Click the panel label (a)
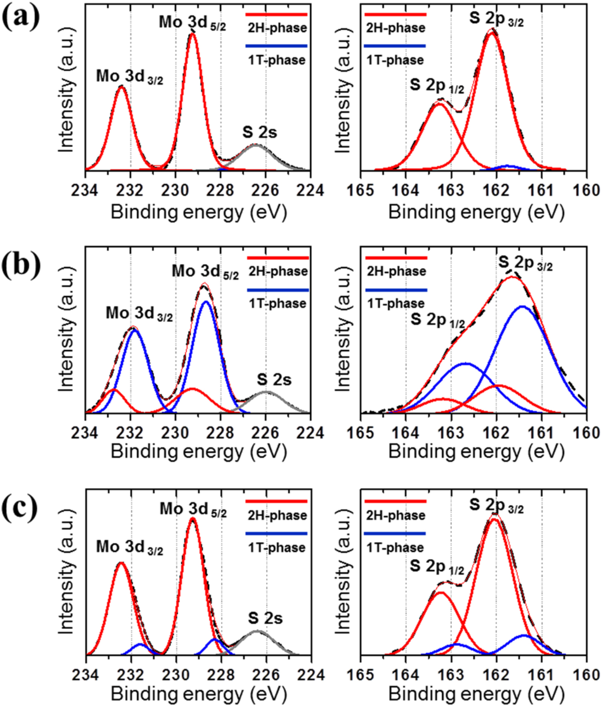[x=21, y=18]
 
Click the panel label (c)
[x=20, y=507]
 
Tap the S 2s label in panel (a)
[x=259, y=132]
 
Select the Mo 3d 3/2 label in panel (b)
[x=139, y=313]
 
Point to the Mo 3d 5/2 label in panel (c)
[x=193, y=509]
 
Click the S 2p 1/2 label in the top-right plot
[x=436, y=85]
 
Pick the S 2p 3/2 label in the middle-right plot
[x=525, y=263]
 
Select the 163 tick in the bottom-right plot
[x=451, y=675]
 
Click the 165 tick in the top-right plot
[x=360, y=190]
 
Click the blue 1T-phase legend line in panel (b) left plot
[x=278, y=290]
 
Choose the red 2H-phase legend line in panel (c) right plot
[x=395, y=501]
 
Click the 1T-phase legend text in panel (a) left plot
[x=277, y=60]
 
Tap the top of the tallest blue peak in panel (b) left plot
[x=206, y=302]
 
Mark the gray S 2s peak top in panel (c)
[x=257, y=631]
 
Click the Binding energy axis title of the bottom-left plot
[x=199, y=694]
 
